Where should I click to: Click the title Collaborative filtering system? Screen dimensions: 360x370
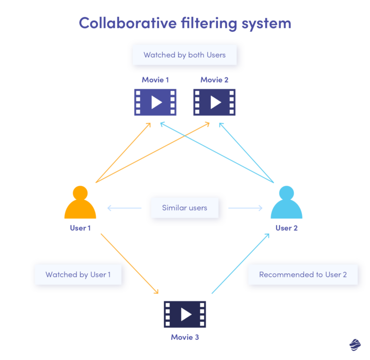184,23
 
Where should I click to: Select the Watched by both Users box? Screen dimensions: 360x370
184,55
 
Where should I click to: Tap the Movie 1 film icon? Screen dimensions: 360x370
155,102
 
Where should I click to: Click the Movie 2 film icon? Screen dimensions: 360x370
214,102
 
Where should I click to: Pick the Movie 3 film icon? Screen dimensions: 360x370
184,315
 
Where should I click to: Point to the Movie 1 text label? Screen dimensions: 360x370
155,80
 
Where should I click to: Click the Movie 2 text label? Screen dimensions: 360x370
214,80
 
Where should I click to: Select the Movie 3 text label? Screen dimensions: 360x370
184,337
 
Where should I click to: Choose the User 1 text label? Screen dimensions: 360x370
80,228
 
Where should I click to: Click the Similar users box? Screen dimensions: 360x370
184,208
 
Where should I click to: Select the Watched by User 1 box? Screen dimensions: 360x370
78,274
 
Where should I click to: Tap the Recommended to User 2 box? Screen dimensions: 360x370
302,274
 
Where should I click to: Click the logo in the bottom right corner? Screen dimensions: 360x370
355,344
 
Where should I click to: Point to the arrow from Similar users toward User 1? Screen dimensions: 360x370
125,208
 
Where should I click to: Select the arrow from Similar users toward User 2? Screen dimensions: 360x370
245,208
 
